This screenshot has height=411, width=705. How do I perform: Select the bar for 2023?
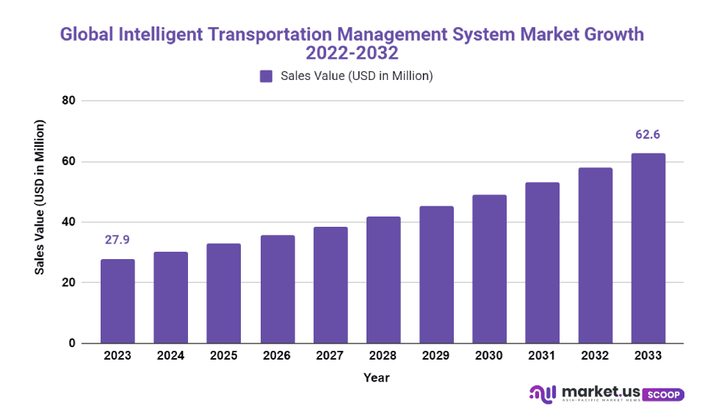pos(117,301)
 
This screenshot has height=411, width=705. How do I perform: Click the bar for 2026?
pos(277,289)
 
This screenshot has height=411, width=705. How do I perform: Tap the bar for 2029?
pos(436,274)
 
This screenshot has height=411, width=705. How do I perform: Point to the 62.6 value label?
pos(648,135)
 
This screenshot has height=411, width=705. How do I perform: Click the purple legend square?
pos(266,76)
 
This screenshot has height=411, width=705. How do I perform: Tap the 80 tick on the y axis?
pos(69,101)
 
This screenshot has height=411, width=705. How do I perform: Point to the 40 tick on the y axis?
pos(69,222)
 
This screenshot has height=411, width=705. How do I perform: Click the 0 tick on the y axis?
pos(72,343)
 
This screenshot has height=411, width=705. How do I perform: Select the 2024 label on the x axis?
pos(170,355)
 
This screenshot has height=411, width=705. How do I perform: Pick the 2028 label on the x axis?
pos(383,355)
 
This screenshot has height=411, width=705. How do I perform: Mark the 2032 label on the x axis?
pos(596,355)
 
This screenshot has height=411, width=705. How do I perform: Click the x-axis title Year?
pos(376,378)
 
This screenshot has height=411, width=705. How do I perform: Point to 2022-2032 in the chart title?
pos(352,53)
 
